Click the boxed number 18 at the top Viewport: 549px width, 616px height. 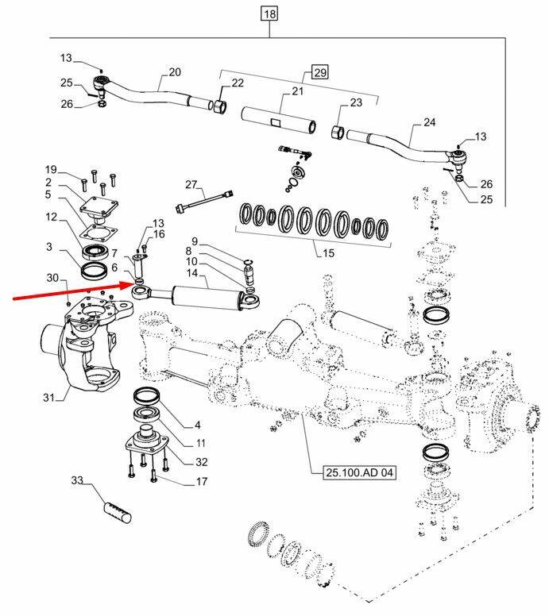[270, 14]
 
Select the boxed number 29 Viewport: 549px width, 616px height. [319, 73]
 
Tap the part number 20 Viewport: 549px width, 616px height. [175, 72]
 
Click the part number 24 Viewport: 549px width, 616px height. [430, 122]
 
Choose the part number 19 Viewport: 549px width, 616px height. [52, 170]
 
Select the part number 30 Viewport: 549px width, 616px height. [52, 278]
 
